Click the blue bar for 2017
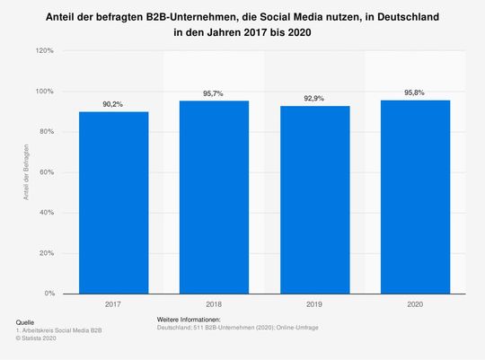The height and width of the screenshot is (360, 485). coord(112,202)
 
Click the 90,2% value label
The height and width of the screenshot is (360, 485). coord(112,104)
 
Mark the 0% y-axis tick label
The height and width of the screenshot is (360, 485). coord(48,294)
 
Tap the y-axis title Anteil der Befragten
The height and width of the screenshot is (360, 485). coord(29,172)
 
